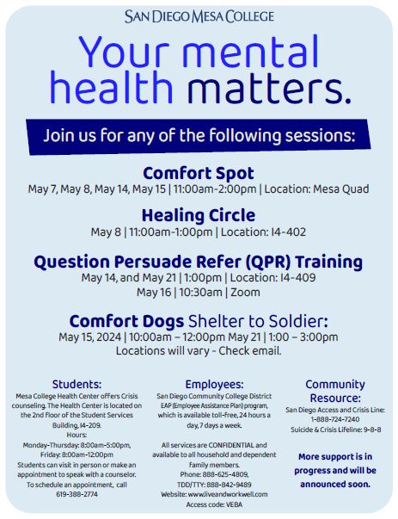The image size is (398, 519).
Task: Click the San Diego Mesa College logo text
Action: (x=199, y=15)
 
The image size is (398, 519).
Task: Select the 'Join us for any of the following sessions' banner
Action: (x=199, y=135)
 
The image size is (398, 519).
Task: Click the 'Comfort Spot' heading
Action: (x=199, y=172)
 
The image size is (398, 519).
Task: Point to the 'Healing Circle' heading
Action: (x=199, y=215)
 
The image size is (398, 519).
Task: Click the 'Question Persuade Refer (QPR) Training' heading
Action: (x=199, y=261)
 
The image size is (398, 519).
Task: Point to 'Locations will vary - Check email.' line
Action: (x=199, y=350)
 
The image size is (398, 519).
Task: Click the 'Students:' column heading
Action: (x=77, y=383)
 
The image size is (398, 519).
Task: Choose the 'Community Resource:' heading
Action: (x=335, y=391)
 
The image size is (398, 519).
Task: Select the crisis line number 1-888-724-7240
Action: (x=335, y=419)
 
